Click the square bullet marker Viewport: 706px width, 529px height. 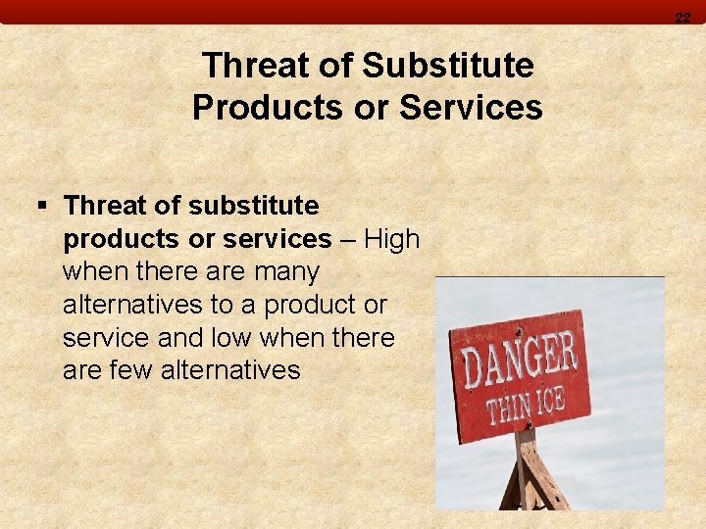(x=41, y=206)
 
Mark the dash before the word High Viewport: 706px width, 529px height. (x=347, y=240)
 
